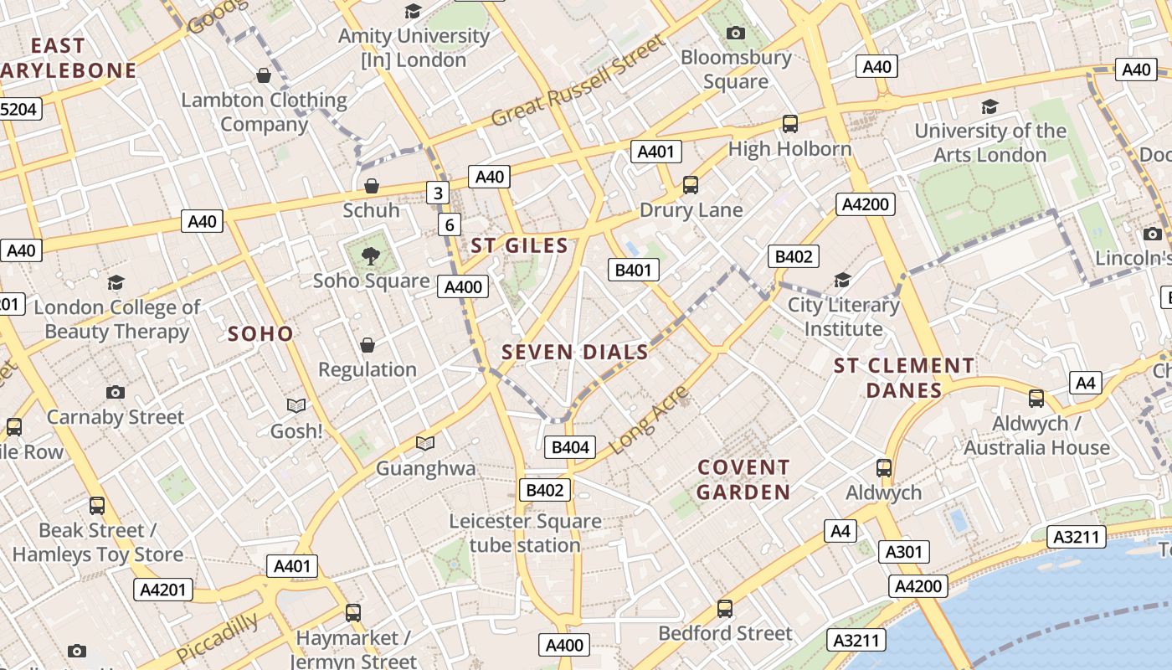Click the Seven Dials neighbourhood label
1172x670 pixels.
pos(575,352)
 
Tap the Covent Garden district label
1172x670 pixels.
pos(743,479)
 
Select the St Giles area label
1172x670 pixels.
pos(519,245)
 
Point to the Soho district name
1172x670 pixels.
pos(260,333)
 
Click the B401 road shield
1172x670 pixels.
pos(633,270)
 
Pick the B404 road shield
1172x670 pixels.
pos(570,447)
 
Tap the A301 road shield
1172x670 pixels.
pos(904,551)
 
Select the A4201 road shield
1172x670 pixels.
pos(162,589)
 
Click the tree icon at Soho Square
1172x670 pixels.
pos(370,256)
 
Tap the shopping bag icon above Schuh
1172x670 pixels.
pos(372,185)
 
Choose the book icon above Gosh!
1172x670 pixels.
pos(296,406)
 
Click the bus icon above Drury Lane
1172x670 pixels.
pos(691,185)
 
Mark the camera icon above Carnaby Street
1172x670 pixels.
pos(116,392)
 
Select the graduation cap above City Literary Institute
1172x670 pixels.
pos(842,280)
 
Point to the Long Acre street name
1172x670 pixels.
pos(649,420)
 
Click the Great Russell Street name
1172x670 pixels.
pos(578,80)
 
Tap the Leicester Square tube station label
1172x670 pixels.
pos(525,533)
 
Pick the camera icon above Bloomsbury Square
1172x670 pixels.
pos(736,33)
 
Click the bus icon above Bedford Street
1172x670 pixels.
pos(725,609)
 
